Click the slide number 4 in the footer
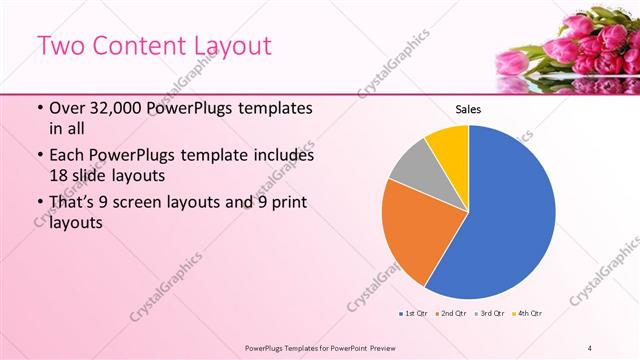(x=590, y=347)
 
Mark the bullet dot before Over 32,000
(x=38, y=109)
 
